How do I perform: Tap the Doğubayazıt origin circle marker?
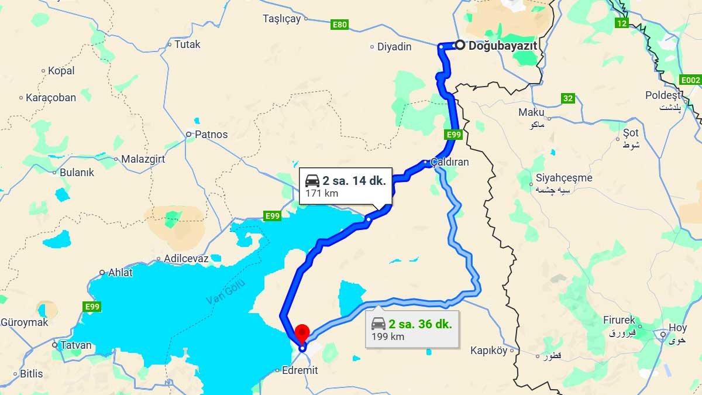click(460, 45)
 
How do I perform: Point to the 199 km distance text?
click(388, 336)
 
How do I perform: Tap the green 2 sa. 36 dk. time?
click(419, 324)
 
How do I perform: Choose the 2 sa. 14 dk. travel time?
click(353, 181)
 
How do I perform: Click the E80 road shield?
click(339, 25)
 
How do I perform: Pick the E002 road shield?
click(690, 80)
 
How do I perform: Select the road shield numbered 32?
click(567, 98)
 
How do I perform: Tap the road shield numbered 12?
click(621, 23)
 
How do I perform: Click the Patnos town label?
click(211, 134)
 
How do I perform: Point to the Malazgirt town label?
click(143, 159)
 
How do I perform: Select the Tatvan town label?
click(76, 345)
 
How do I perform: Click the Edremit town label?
click(300, 370)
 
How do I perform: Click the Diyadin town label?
click(394, 47)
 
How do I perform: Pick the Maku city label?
click(531, 112)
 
